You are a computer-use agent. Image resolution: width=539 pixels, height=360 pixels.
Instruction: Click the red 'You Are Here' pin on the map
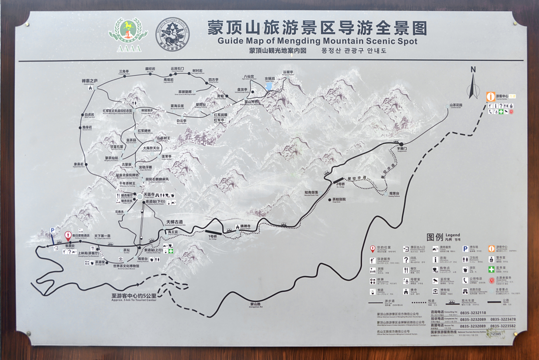click(x=68, y=235)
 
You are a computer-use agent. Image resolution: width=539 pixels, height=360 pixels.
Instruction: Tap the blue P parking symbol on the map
click(x=53, y=231)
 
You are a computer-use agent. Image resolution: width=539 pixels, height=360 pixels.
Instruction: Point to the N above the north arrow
click(x=473, y=69)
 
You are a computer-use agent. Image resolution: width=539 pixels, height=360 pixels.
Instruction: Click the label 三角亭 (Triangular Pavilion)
click(x=124, y=72)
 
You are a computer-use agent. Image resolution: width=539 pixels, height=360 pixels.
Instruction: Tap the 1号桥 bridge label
click(x=213, y=237)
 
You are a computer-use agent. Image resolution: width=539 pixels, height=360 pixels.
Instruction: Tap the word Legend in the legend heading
click(x=453, y=235)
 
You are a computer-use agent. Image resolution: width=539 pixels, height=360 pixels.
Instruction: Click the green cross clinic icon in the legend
click(x=491, y=269)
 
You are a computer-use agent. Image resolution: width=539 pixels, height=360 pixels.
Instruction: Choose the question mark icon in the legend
click(x=406, y=260)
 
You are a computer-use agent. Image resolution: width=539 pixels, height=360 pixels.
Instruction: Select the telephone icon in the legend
click(x=465, y=280)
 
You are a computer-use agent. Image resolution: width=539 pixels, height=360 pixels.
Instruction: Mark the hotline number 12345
click(x=496, y=334)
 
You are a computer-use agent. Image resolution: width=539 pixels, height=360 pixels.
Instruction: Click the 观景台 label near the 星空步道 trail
click(x=394, y=193)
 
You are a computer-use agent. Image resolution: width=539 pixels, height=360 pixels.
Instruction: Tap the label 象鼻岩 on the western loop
click(x=79, y=164)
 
